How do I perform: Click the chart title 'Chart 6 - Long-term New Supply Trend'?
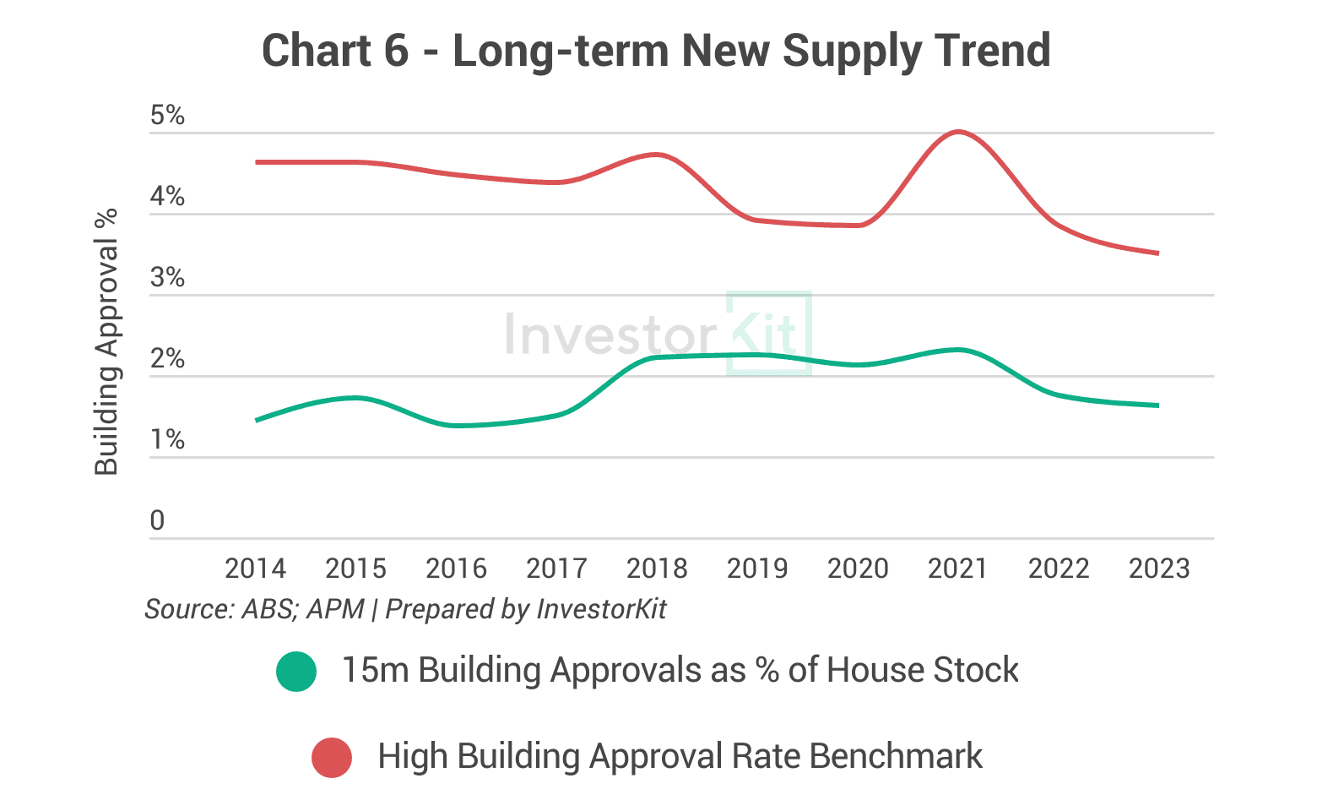656,51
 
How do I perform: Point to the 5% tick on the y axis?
167,116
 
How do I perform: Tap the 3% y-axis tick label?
167,278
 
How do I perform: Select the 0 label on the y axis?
157,521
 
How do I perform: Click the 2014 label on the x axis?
255,569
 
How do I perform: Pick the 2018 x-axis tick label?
657,569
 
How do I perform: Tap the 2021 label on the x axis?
958,569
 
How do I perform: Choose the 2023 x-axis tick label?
1159,569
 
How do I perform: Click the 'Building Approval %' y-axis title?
106,342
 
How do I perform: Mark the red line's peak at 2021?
958,132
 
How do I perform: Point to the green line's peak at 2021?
958,350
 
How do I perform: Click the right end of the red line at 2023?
1157,253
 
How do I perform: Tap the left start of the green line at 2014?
256,420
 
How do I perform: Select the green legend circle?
296,672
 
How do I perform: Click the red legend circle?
332,757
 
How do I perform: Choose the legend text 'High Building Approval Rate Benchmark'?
680,756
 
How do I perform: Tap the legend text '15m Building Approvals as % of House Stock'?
680,671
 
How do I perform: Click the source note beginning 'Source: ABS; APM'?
405,609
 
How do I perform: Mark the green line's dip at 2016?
457,425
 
